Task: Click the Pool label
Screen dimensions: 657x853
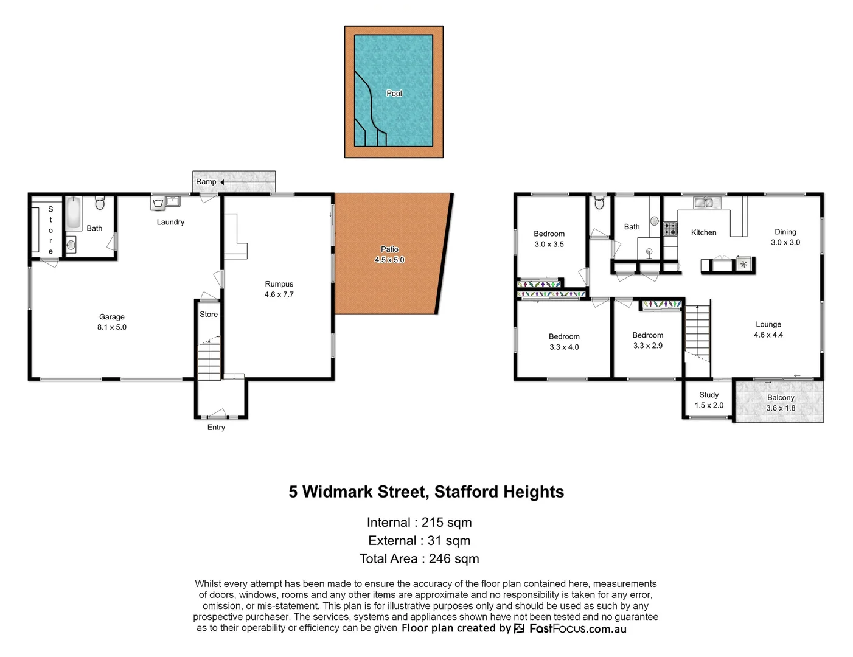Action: point(394,93)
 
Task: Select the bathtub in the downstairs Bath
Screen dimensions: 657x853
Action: point(73,213)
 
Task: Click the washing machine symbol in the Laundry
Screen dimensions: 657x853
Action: point(158,203)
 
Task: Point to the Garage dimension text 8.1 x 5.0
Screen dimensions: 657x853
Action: point(112,327)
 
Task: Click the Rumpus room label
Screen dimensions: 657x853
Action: point(279,284)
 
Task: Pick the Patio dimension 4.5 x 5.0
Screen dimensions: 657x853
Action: point(389,260)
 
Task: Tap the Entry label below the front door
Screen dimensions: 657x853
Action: point(216,428)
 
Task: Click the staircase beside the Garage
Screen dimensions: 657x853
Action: point(209,359)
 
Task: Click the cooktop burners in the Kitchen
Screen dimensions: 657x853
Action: point(670,229)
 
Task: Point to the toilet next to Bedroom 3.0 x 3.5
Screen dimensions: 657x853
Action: point(599,202)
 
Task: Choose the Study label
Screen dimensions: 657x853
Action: point(709,395)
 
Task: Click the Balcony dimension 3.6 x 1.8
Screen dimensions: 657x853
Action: point(781,408)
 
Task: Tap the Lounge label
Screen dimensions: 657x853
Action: point(768,324)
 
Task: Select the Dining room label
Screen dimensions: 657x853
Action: point(785,232)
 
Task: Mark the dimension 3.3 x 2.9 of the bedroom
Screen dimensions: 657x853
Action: point(647,346)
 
